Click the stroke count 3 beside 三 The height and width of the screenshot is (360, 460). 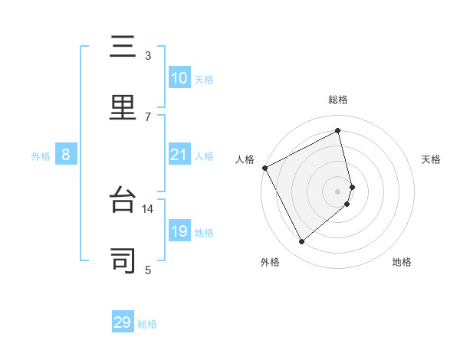pos(148,56)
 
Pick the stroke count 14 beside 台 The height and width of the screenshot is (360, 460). pos(148,208)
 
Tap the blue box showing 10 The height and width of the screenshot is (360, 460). pos(179,78)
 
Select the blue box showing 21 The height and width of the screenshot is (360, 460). pos(179,155)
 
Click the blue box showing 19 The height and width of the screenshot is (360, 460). pos(179,231)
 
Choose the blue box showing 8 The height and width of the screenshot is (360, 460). pos(66,155)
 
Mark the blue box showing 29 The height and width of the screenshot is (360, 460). pos(123,322)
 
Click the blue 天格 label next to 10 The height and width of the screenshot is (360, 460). pos(204,80)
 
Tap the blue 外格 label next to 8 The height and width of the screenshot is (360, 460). pos(41,156)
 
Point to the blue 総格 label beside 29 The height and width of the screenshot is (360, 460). pos(147,324)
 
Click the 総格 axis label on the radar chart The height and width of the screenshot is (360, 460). pos(338,100)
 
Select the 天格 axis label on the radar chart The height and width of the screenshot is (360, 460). pos(432,159)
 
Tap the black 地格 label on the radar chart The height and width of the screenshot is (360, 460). pos(402,262)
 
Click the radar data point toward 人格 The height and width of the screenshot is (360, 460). pos(264,168)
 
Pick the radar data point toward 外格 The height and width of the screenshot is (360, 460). pos(301,242)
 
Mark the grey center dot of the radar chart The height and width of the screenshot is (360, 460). pos(338,191)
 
